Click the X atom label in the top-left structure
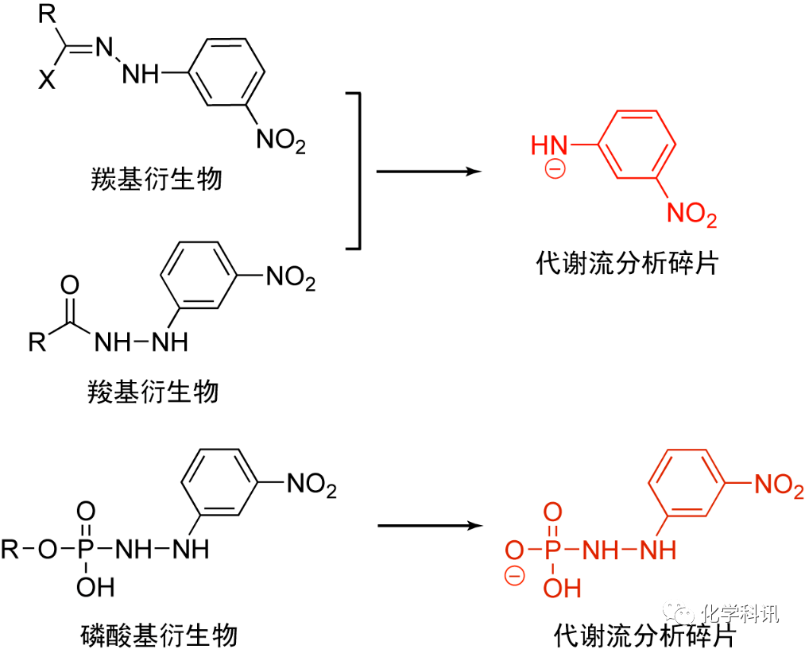48,80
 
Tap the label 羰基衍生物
156,178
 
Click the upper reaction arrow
429,171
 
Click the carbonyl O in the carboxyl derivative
69,285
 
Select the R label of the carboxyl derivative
37,342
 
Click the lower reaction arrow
429,525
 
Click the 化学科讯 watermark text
740,613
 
